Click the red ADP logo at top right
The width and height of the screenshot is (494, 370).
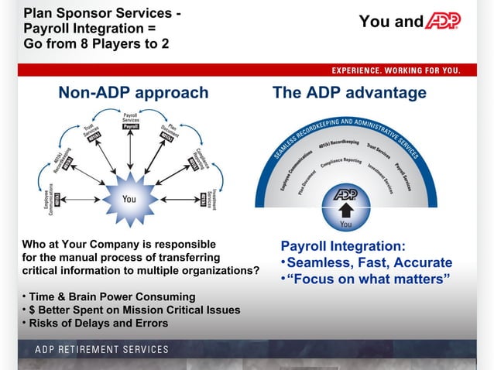click(x=444, y=21)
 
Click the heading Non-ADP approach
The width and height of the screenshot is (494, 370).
click(x=133, y=93)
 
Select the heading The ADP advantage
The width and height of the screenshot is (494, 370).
click(x=349, y=93)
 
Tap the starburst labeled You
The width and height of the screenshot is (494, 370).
click(x=129, y=198)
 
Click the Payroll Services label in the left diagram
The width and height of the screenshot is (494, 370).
click(x=131, y=121)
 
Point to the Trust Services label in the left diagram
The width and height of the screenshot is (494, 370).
click(x=93, y=132)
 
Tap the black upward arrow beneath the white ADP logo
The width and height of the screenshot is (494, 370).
click(x=345, y=210)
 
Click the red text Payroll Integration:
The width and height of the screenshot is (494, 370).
click(x=342, y=246)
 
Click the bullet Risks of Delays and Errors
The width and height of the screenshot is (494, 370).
click(x=98, y=323)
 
